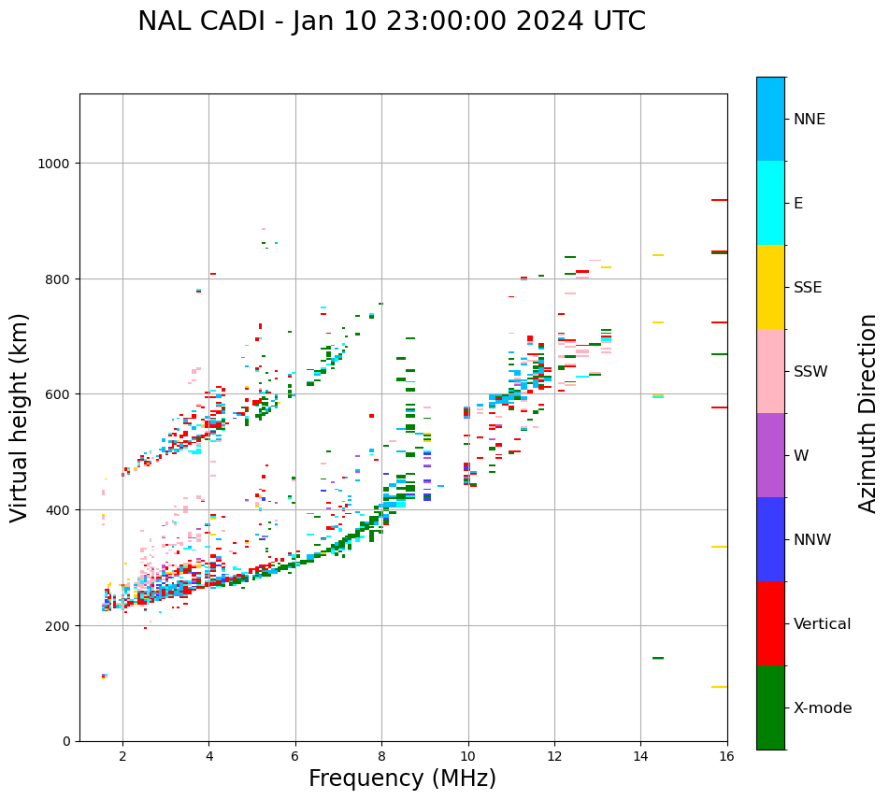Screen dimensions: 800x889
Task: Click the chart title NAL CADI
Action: (391, 21)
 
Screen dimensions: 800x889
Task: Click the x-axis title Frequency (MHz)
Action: (402, 779)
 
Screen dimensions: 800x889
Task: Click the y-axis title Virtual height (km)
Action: (20, 418)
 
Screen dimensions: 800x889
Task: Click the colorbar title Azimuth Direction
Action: (867, 413)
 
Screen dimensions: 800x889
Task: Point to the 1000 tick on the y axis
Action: (57, 164)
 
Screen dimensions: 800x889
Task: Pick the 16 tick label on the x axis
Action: (726, 756)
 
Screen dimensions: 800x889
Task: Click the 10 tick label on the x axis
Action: (467, 756)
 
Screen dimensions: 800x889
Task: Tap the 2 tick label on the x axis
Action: (122, 756)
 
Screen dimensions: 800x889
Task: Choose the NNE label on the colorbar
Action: (810, 120)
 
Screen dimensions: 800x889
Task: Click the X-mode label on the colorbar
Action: (823, 708)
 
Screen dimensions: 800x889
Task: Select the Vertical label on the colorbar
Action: (823, 624)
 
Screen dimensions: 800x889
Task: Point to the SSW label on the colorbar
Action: (810, 372)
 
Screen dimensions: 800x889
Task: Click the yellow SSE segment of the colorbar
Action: (770, 287)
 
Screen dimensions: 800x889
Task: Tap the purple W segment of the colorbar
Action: (770, 455)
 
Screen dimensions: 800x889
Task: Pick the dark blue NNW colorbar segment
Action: (770, 539)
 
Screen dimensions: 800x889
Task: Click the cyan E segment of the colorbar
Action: (770, 203)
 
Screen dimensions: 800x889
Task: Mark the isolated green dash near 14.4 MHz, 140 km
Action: (658, 658)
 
